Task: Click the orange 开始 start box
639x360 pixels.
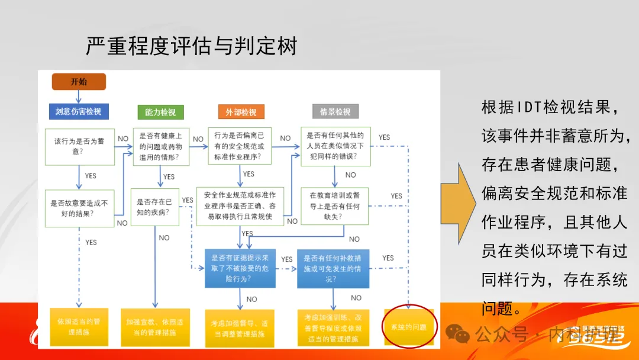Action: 79,82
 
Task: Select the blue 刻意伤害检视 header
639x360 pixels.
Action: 79,111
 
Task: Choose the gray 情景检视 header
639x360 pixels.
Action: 335,111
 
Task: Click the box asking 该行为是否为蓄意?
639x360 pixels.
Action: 80,146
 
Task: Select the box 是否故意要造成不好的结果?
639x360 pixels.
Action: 80,208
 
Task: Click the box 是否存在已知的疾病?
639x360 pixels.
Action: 155,207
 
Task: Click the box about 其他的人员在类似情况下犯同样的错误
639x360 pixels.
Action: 335,146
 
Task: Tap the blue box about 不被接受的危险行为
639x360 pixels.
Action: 240,268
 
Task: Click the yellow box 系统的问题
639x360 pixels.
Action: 409,327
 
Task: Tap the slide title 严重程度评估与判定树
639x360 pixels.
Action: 191,46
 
